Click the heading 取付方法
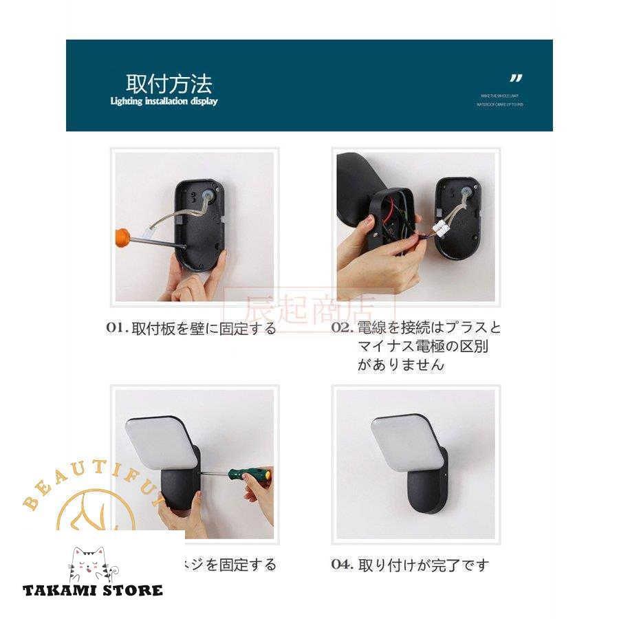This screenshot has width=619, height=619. (169, 84)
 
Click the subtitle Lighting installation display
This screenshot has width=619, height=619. (164, 102)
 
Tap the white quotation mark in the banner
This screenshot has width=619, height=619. (516, 78)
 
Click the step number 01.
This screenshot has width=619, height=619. (116, 328)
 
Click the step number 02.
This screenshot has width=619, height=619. (342, 327)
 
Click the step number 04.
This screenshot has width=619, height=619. (342, 565)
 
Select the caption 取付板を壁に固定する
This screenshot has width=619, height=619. (204, 328)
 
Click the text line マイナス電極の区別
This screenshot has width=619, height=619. (422, 346)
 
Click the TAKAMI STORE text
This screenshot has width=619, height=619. (93, 590)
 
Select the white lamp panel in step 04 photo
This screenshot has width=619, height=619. (407, 441)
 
